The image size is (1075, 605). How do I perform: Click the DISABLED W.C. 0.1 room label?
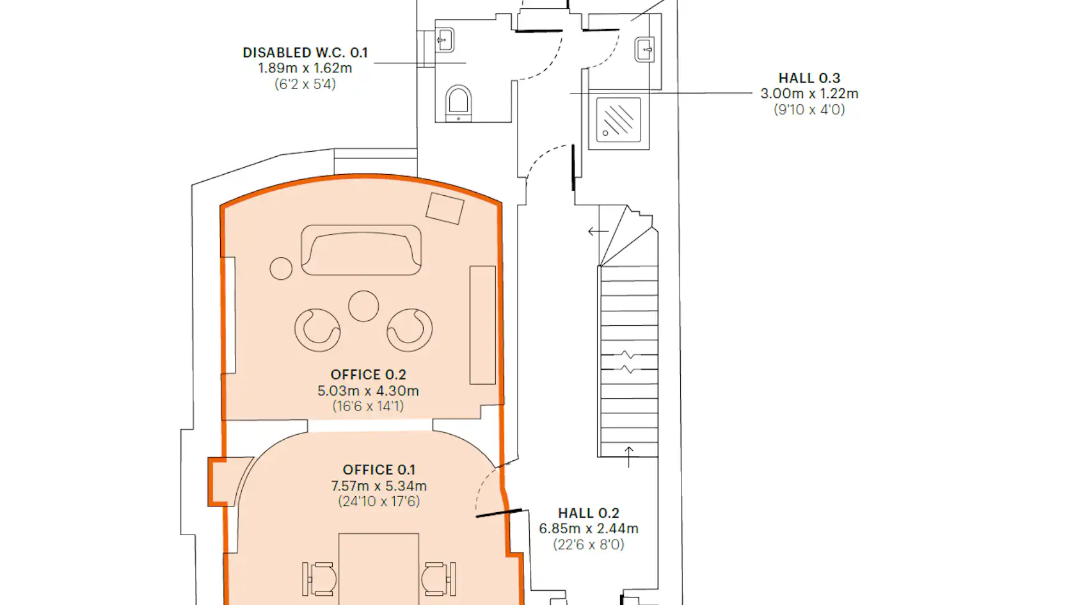[x=305, y=52]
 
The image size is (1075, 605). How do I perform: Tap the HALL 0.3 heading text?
[x=809, y=78]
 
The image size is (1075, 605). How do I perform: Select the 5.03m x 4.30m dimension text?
[x=368, y=391]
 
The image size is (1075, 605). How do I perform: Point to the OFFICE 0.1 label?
[x=379, y=470]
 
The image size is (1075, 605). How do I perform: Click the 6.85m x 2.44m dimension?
[x=589, y=529]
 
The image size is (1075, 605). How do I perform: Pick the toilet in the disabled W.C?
[x=458, y=103]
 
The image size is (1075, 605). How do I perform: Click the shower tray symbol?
[x=619, y=120]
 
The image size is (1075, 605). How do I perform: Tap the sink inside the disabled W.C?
[x=445, y=40]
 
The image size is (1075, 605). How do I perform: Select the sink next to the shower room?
[x=644, y=49]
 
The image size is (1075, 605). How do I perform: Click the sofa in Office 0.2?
[x=361, y=250]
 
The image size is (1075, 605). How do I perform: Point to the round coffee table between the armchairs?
[x=363, y=306]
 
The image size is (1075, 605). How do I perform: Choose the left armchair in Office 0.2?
[x=317, y=330]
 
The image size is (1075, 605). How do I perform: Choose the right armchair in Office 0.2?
[x=410, y=330]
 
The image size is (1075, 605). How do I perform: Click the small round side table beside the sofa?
[x=282, y=268]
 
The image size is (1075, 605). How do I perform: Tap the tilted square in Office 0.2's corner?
[x=445, y=209]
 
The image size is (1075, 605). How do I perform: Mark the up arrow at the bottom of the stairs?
[x=628, y=456]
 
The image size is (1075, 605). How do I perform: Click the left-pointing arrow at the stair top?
[x=598, y=232]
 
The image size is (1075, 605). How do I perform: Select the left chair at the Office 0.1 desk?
[x=320, y=579]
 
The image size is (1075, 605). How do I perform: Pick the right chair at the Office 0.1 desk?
[x=439, y=579]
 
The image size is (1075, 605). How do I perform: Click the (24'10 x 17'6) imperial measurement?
[x=379, y=501]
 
